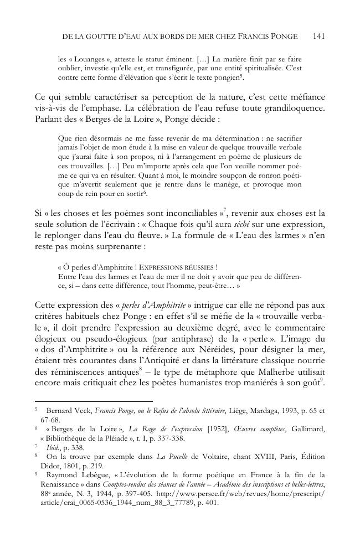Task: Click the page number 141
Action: (318, 36)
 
